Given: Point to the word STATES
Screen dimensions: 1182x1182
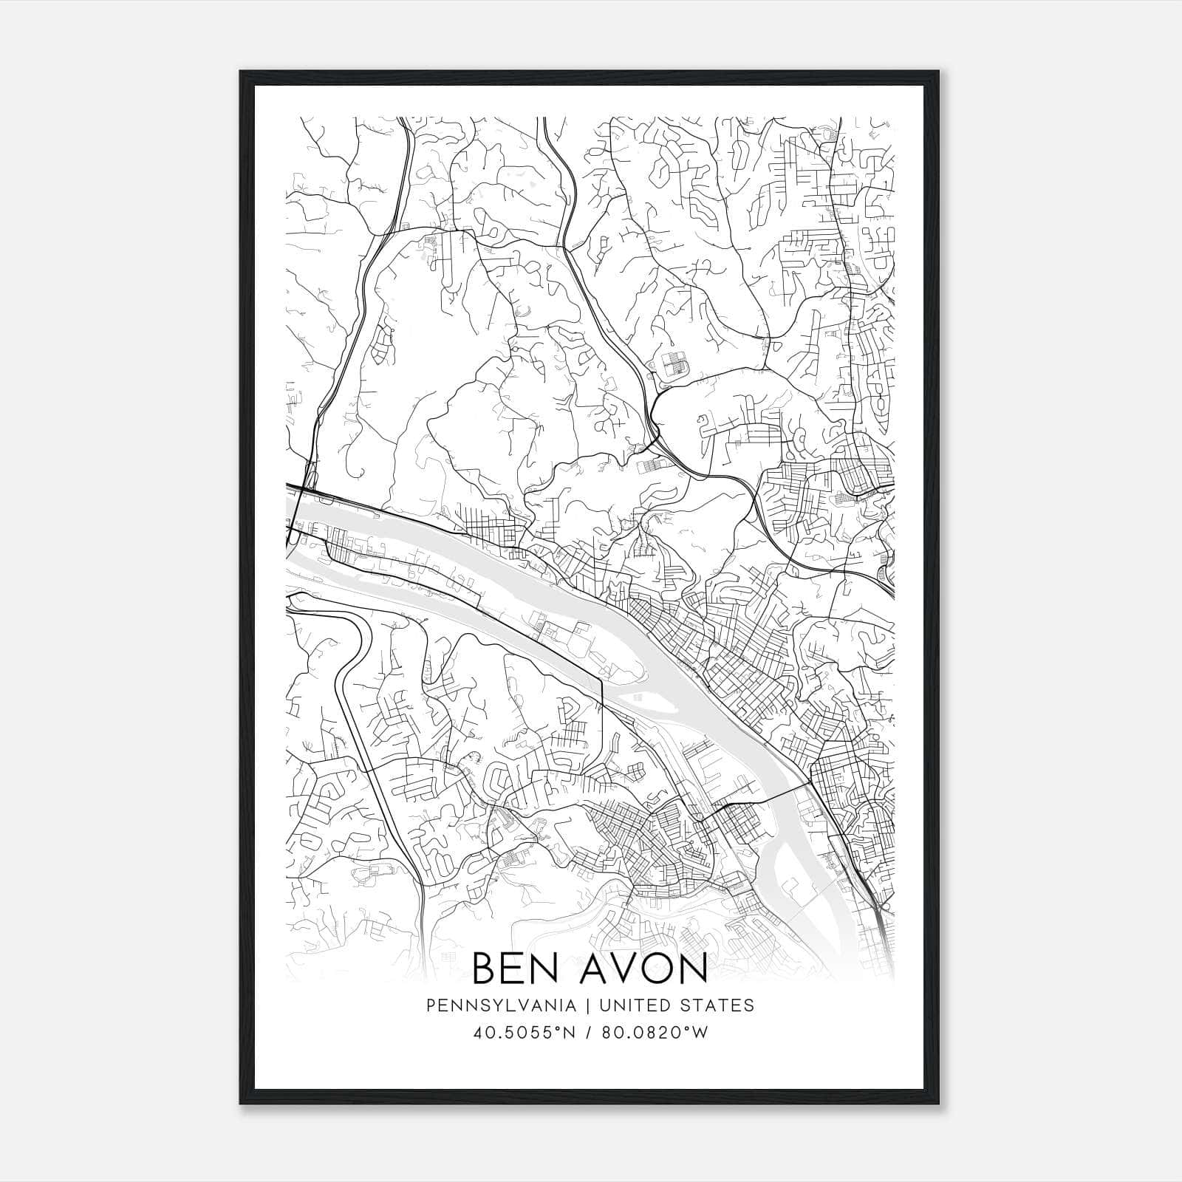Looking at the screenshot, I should pyautogui.click(x=717, y=1005).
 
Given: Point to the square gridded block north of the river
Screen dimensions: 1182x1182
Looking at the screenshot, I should pyautogui.click(x=673, y=363).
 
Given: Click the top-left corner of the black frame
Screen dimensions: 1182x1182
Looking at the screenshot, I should pyautogui.click(x=242, y=72).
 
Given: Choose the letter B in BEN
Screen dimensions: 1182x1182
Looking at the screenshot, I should pyautogui.click(x=484, y=969).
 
